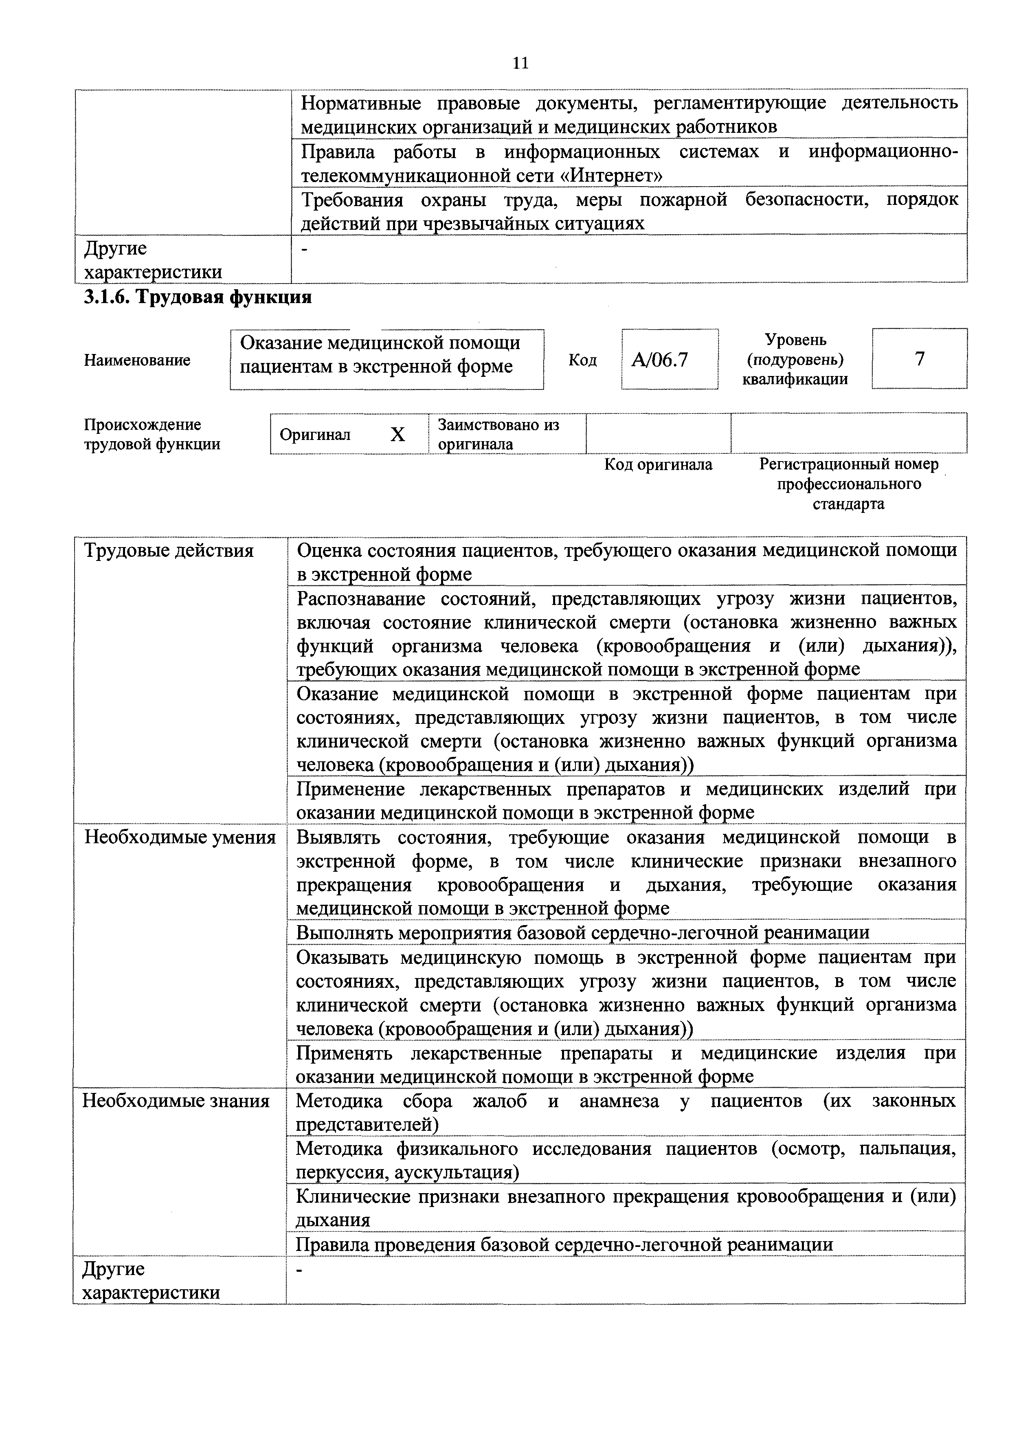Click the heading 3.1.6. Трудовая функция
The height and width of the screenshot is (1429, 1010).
click(x=198, y=297)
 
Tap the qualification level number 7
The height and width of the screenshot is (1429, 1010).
click(x=919, y=358)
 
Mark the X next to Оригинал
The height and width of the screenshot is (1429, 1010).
click(x=397, y=434)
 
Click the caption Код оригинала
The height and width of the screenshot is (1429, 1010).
click(x=659, y=465)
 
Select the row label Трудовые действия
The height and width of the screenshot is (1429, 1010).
click(x=169, y=551)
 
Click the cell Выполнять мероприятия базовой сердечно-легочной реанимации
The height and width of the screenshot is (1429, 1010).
click(x=582, y=933)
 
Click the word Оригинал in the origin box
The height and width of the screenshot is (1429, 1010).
click(x=315, y=434)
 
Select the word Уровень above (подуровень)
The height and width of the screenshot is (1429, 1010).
click(x=795, y=340)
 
